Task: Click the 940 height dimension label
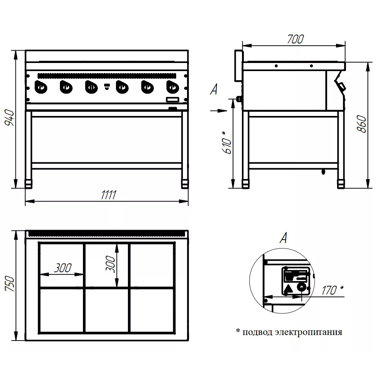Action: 10,118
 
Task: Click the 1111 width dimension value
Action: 109,195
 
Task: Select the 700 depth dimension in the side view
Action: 295,39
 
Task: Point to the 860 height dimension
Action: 362,124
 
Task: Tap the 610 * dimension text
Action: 227,142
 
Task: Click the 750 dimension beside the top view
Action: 10,283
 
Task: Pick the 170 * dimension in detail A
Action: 332,290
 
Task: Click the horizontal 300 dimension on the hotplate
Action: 63,268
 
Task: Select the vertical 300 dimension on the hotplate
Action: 110,264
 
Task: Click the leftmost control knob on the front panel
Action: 41,87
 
